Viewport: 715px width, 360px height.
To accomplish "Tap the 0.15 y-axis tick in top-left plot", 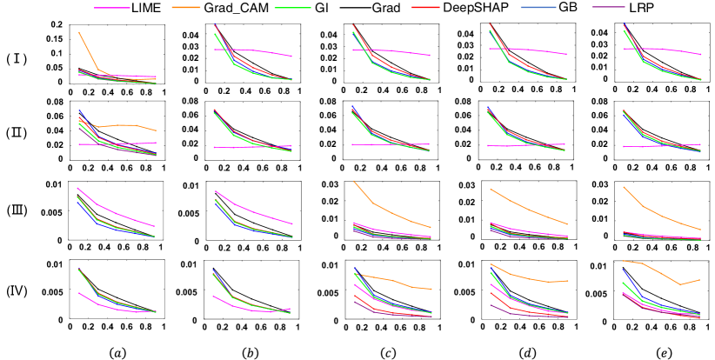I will point(53,38).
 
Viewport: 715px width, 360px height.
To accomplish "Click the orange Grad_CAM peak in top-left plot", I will point(80,33).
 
